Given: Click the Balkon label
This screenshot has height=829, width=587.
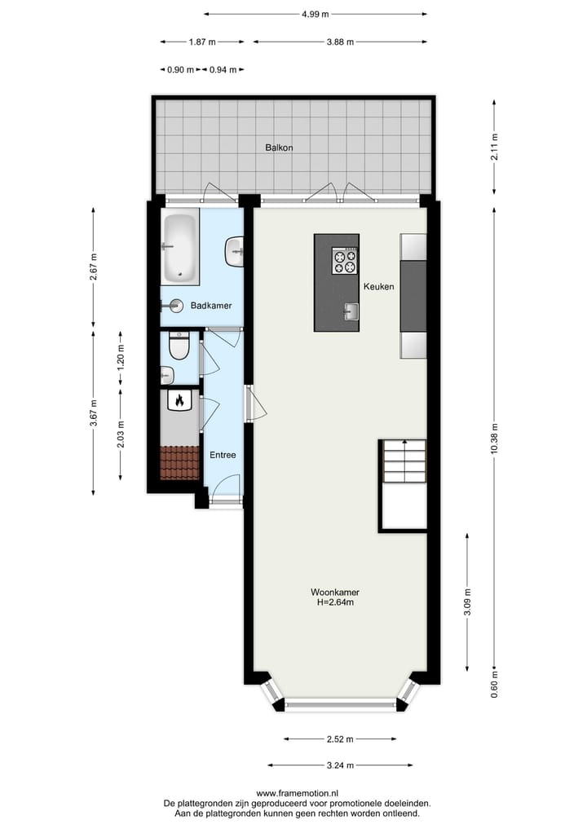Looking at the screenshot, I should click(x=279, y=148).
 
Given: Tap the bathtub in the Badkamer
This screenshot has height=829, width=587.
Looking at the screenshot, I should click(x=179, y=247).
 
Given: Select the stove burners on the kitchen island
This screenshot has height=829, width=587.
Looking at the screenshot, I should click(x=344, y=262).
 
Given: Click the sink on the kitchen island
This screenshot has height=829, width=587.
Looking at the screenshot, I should click(x=351, y=311).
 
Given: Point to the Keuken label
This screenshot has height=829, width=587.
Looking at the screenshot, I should click(x=379, y=287).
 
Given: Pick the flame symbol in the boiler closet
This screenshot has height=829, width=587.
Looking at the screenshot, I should click(x=179, y=400).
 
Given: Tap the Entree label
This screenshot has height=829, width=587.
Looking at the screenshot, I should click(x=223, y=455).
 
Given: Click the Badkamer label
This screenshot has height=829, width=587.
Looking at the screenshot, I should click(x=211, y=306).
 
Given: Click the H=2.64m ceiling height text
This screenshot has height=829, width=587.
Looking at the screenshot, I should click(x=335, y=603).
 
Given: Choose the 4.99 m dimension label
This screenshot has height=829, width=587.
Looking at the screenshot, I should click(x=315, y=14).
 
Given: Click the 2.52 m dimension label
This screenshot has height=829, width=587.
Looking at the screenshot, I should click(x=340, y=739).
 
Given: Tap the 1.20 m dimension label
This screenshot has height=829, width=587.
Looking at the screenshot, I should click(x=121, y=360).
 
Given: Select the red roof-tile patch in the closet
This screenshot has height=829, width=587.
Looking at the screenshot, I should click(x=179, y=462).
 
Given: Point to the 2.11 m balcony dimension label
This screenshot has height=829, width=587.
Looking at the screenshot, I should click(x=494, y=148).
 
